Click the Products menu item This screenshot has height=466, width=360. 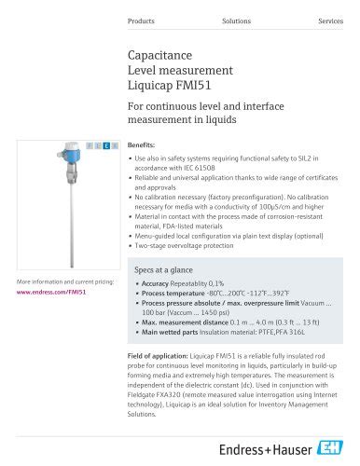(x=141, y=20)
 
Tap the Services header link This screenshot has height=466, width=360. (x=330, y=20)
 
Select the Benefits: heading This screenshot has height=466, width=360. (x=141, y=146)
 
